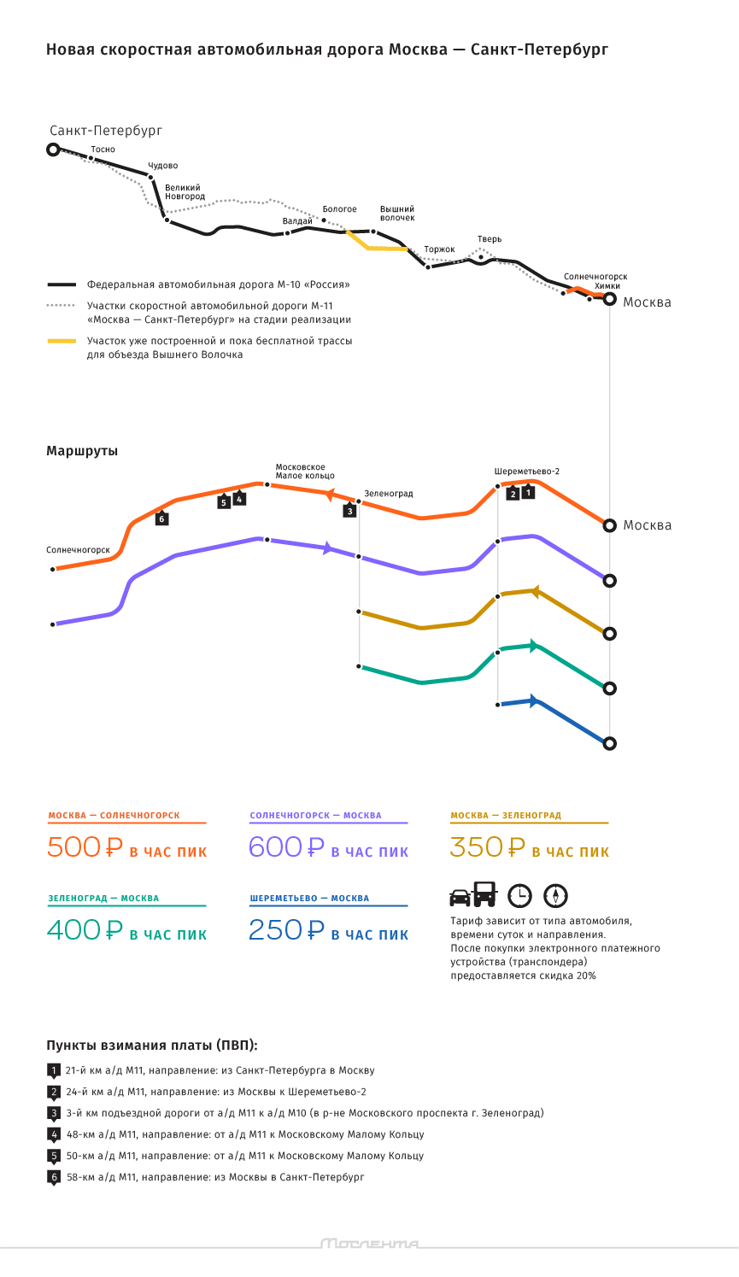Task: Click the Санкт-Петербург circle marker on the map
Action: click(53, 149)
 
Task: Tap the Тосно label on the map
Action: click(103, 149)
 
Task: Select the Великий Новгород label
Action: click(185, 192)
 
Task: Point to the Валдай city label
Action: click(297, 221)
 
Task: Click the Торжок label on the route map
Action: click(439, 249)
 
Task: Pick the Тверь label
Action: click(490, 239)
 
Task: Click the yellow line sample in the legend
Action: click(62, 341)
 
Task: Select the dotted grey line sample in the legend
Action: click(62, 306)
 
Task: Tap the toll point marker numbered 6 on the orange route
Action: click(161, 518)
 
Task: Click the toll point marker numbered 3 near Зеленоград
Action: click(349, 510)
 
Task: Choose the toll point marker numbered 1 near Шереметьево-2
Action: click(528, 491)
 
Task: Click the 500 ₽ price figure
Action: click(85, 847)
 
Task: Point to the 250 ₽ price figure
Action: click(286, 930)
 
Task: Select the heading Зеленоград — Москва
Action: click(103, 898)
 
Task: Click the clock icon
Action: click(519, 895)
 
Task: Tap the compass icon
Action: click(555, 895)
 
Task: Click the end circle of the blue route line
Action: click(609, 743)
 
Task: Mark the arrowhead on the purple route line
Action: click(327, 548)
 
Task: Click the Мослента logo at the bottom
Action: click(370, 1244)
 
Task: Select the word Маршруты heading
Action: click(82, 451)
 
